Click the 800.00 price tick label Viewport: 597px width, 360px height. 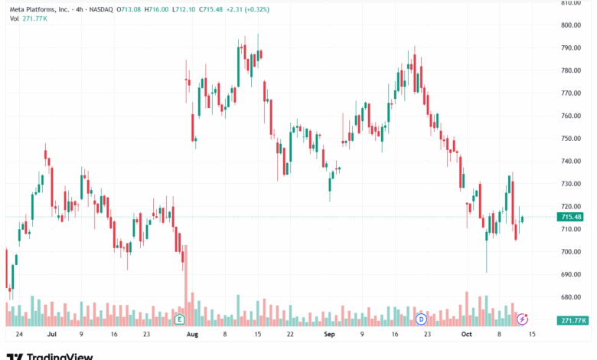[x=573, y=25]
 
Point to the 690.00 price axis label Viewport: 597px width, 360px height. [x=573, y=274]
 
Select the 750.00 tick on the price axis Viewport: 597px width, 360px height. [x=573, y=139]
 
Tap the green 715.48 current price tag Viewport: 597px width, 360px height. [x=573, y=218]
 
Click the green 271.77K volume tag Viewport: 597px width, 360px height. [x=573, y=320]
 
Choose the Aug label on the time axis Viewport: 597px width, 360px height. [x=193, y=335]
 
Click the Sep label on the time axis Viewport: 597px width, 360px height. [x=330, y=335]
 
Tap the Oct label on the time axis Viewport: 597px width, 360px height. [x=467, y=335]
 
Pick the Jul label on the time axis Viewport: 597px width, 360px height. [x=52, y=335]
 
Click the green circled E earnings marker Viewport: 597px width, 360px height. [x=180, y=319]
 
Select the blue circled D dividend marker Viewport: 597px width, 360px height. [x=420, y=319]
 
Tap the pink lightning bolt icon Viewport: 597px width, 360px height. [x=523, y=319]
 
